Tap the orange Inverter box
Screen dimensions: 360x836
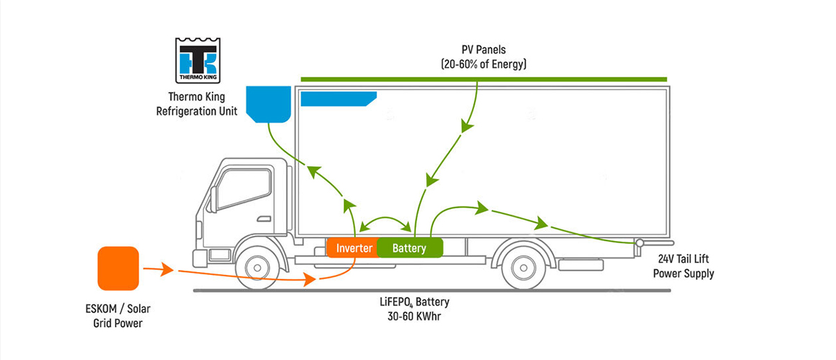tap(354, 248)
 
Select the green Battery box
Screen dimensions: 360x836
tap(409, 248)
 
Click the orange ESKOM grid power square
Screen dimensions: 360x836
tap(118, 268)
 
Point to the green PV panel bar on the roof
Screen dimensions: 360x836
tap(484, 80)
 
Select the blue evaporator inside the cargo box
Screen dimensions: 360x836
tap(337, 99)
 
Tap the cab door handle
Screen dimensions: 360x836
tap(263, 219)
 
